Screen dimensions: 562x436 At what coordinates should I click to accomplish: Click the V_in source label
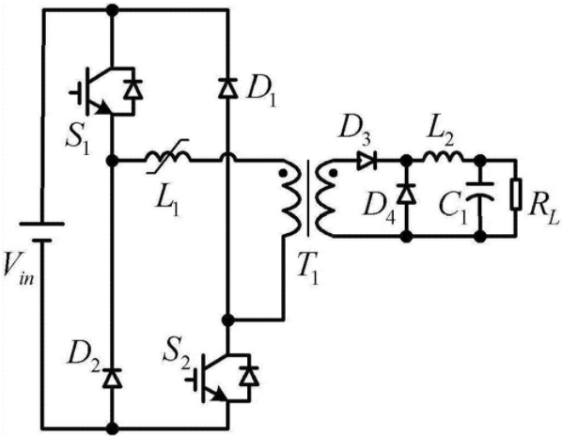pos(18,268)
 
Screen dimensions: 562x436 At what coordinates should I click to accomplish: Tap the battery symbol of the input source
pos(42,232)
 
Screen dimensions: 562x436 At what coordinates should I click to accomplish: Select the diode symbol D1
pos(228,87)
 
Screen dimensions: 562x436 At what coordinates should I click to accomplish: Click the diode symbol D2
pos(113,377)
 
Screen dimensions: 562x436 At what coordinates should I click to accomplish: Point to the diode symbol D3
pos(367,161)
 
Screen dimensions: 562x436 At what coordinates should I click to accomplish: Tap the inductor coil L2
pos(443,156)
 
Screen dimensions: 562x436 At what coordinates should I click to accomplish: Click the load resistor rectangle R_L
pos(516,194)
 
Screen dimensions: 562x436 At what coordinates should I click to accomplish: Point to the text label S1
pos(77,140)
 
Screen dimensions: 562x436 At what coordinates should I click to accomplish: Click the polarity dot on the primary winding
pos(283,174)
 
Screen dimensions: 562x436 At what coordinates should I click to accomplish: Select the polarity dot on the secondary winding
pos(334,174)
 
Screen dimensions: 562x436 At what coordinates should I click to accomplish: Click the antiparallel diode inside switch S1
pos(133,89)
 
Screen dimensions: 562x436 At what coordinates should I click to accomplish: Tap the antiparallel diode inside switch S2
pos(249,376)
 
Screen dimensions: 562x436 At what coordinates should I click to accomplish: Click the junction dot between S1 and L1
pos(113,160)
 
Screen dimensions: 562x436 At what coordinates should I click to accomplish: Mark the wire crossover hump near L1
pos(228,157)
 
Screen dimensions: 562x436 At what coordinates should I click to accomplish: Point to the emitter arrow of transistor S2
pos(219,396)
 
